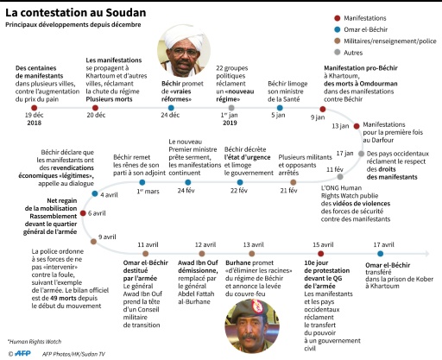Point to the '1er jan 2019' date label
point(230,118)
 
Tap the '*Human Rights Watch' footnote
point(32,340)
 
